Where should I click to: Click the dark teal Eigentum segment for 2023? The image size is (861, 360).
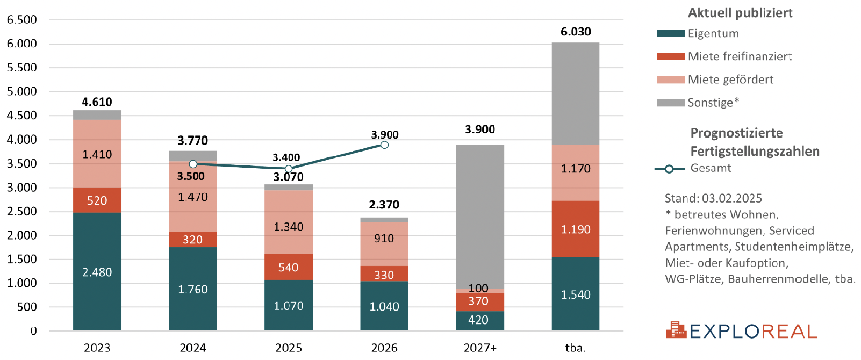pyautogui.click(x=97, y=271)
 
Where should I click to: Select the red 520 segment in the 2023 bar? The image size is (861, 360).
pyautogui.click(x=97, y=200)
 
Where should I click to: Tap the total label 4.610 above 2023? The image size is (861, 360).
pyautogui.click(x=97, y=102)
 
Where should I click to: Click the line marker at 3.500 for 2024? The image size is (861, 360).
pyautogui.click(x=193, y=164)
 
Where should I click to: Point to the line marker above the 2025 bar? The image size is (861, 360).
pyautogui.click(x=289, y=169)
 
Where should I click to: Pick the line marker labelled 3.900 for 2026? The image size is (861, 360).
pyautogui.click(x=384, y=145)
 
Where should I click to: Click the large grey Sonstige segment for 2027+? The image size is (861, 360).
pyautogui.click(x=480, y=215)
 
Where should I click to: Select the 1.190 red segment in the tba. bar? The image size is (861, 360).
pyautogui.click(x=576, y=229)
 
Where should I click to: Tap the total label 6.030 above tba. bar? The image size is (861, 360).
pyautogui.click(x=576, y=32)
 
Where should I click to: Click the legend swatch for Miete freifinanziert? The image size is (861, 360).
pyautogui.click(x=670, y=56)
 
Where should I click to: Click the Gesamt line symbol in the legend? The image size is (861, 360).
pyautogui.click(x=669, y=169)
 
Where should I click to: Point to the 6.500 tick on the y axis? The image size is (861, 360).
pyautogui.click(x=22, y=20)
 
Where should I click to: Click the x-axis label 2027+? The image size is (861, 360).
pyautogui.click(x=480, y=348)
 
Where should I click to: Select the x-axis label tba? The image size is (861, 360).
pyautogui.click(x=576, y=348)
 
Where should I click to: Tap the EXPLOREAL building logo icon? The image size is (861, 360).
pyautogui.click(x=676, y=330)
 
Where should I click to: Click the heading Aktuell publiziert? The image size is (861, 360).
pyautogui.click(x=740, y=13)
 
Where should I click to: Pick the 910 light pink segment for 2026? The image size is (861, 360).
pyautogui.click(x=384, y=239)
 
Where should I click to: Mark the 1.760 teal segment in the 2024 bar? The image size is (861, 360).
pyautogui.click(x=193, y=289)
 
